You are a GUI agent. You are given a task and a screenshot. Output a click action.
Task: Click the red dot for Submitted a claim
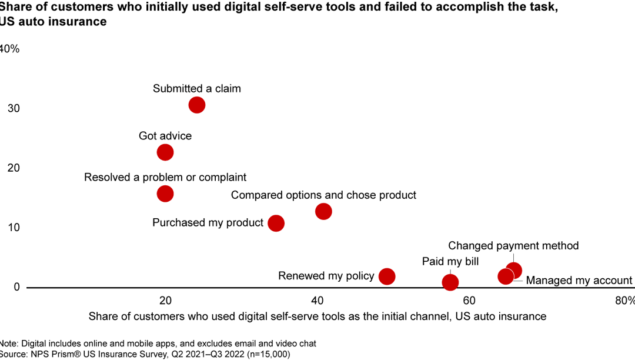point(196,105)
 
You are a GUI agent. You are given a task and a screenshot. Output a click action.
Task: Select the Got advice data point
point(165,152)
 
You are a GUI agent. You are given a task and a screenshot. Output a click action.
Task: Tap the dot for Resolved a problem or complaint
point(165,194)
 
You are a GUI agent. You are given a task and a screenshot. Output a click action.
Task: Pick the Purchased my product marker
point(276,224)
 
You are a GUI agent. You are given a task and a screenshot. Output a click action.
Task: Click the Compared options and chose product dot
point(323,211)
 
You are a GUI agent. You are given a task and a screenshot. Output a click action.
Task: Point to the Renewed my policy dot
point(387,276)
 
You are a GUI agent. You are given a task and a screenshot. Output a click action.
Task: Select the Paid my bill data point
point(450,282)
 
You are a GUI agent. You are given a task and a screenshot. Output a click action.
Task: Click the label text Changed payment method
point(513,246)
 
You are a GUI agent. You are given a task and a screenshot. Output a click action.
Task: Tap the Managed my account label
point(579,281)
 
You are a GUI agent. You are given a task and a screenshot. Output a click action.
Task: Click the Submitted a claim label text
point(197,89)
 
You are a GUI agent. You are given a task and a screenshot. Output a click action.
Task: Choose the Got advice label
point(165,136)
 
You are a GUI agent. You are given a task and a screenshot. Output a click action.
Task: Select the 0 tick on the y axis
point(16,287)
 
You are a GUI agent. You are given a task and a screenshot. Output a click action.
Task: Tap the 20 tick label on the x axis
point(165,301)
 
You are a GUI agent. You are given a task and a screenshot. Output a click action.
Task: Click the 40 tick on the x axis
point(317,301)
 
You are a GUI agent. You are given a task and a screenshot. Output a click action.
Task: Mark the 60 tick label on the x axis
point(469,301)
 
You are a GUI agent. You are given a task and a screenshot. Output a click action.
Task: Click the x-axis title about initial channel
point(317,316)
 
